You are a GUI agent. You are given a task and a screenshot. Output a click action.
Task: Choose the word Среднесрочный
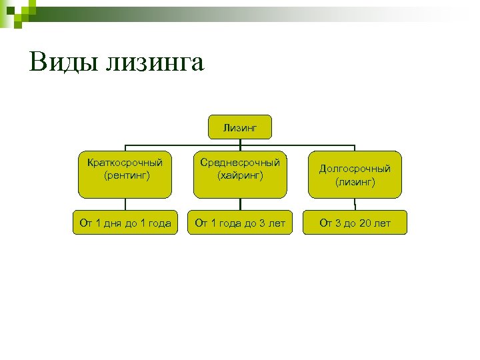click(x=240, y=163)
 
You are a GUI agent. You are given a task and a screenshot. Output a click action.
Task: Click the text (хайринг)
click(x=240, y=175)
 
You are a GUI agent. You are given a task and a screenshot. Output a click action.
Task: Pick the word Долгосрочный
click(x=355, y=169)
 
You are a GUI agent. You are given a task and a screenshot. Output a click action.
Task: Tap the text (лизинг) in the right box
click(x=355, y=181)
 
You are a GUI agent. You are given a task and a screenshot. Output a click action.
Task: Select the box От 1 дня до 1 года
click(x=125, y=223)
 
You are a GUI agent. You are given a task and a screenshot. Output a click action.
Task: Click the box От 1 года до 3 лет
click(x=240, y=223)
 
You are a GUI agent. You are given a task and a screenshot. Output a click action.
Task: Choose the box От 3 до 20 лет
click(x=355, y=223)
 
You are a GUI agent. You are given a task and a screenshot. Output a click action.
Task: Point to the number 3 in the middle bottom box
click(x=261, y=223)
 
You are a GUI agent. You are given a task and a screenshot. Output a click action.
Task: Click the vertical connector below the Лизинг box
click(x=240, y=141)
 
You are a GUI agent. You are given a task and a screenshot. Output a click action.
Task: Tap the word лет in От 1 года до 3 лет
click(x=276, y=223)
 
